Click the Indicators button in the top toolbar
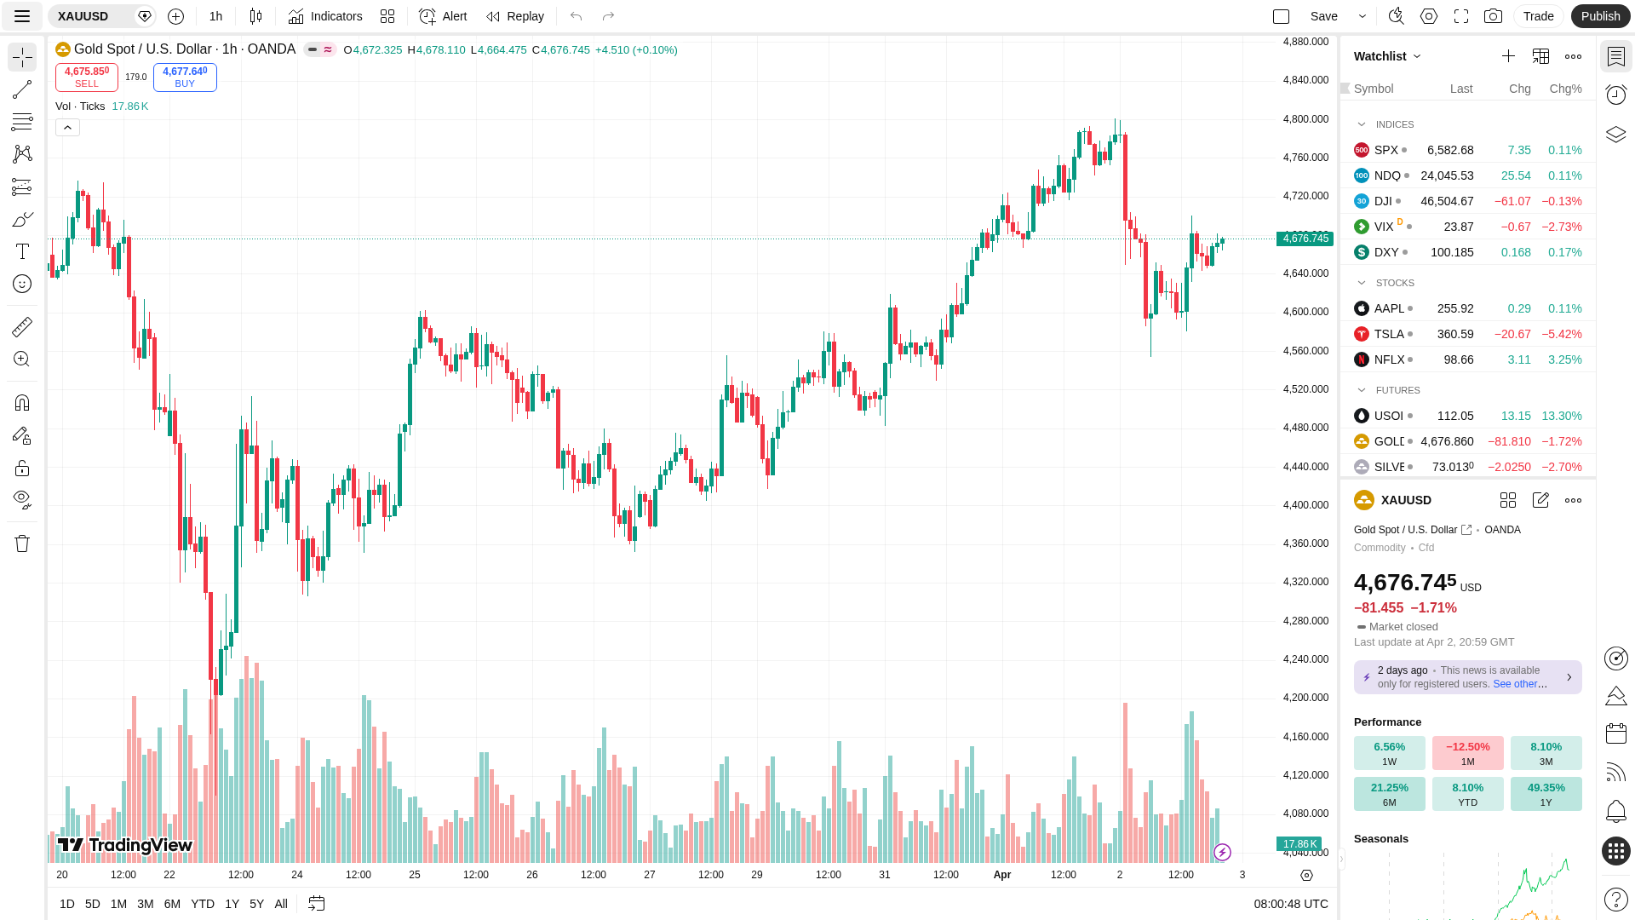coord(325,16)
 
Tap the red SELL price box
coord(87,77)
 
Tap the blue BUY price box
coord(185,77)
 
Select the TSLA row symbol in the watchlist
coord(1388,334)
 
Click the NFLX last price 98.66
coord(1458,359)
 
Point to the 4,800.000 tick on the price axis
coord(1305,119)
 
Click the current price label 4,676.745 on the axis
coord(1305,239)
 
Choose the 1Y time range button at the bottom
coord(232,904)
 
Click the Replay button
coord(515,16)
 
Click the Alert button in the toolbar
coord(443,16)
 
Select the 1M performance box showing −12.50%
coord(1467,753)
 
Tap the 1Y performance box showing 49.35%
coord(1546,794)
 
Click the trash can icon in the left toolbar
coord(22,543)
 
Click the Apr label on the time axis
coord(1001,875)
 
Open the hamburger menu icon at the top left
coord(22,16)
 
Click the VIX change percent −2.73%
coord(1564,227)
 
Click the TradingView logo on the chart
coord(125,845)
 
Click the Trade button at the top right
coord(1538,16)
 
